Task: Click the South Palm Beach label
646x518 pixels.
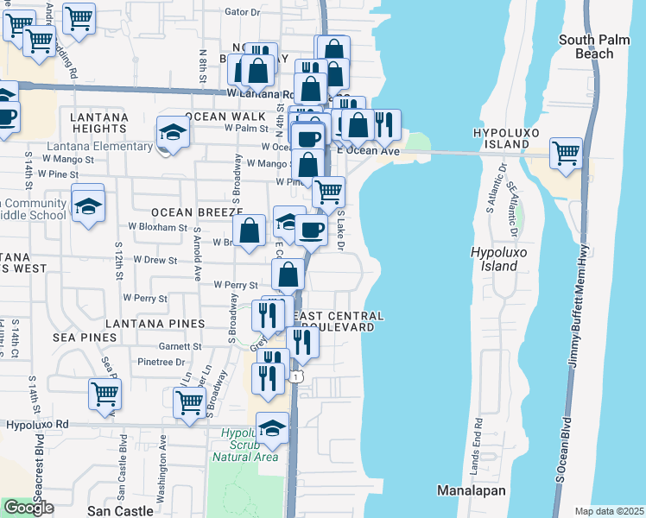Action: click(598, 47)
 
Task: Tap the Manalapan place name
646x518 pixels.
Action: click(471, 490)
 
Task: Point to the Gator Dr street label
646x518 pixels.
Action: click(242, 12)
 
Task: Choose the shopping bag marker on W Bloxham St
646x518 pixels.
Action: click(249, 231)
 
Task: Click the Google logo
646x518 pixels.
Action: click(28, 508)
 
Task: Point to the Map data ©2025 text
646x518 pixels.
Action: click(609, 511)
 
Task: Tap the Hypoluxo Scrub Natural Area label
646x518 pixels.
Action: click(250, 445)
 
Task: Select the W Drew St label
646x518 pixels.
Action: click(153, 260)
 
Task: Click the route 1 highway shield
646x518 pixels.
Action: click(296, 377)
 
